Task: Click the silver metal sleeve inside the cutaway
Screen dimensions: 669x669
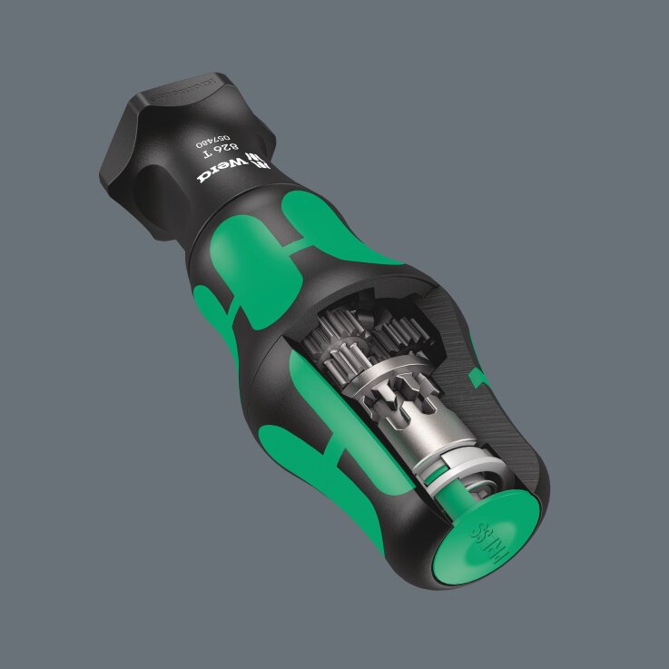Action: (404, 418)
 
